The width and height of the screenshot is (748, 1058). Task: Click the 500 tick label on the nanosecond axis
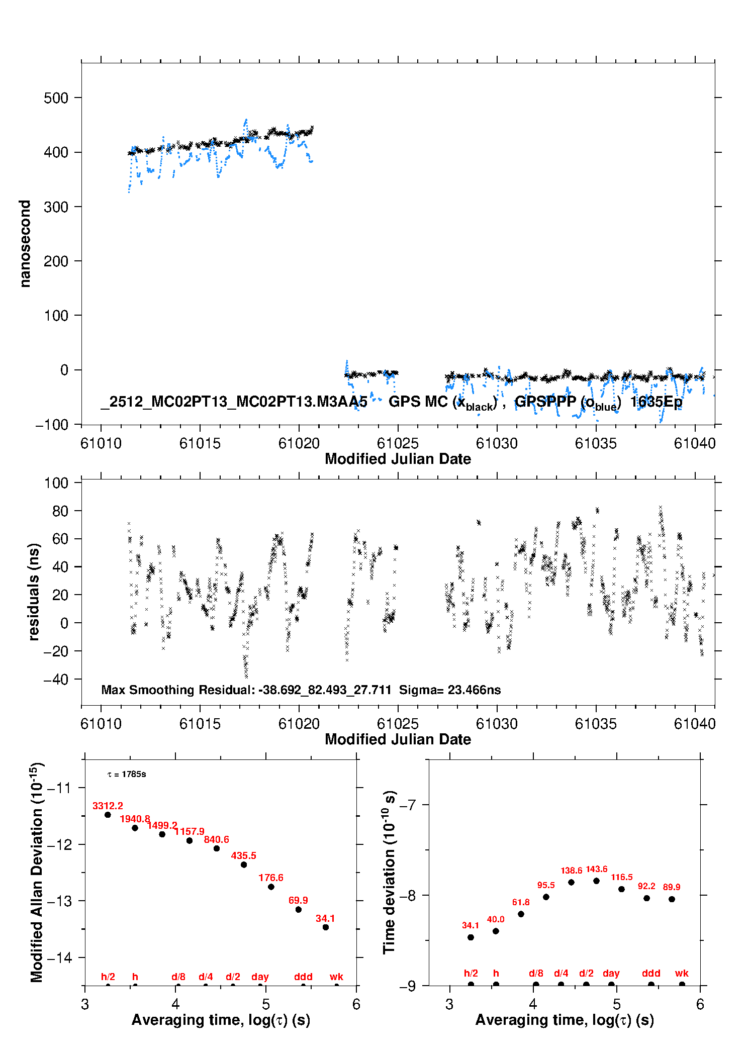click(56, 98)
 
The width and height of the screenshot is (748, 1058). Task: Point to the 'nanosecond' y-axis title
click(25, 244)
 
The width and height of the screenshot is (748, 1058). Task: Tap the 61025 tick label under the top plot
click(398, 443)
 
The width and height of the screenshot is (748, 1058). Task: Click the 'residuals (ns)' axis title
click(34, 592)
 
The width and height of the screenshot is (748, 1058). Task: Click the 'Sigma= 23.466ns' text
click(450, 690)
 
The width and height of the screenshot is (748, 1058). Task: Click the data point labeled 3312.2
click(108, 815)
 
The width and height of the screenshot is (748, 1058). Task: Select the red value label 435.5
click(244, 855)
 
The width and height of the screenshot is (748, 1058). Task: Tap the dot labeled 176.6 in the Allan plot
click(271, 887)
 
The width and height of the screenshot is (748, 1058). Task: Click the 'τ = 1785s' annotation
click(127, 775)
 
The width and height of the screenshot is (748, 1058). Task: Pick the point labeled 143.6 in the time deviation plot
click(596, 881)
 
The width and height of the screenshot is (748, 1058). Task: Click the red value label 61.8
click(521, 902)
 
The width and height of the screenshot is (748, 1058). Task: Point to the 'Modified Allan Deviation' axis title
click(37, 872)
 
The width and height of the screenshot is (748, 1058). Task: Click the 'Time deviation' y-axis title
click(390, 872)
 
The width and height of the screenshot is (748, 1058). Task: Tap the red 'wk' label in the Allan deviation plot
click(336, 977)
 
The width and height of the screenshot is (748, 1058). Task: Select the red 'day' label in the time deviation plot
click(611, 973)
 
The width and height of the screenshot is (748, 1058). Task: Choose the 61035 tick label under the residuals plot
click(596, 724)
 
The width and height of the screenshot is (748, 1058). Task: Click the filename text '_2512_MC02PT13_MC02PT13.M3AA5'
click(234, 402)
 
